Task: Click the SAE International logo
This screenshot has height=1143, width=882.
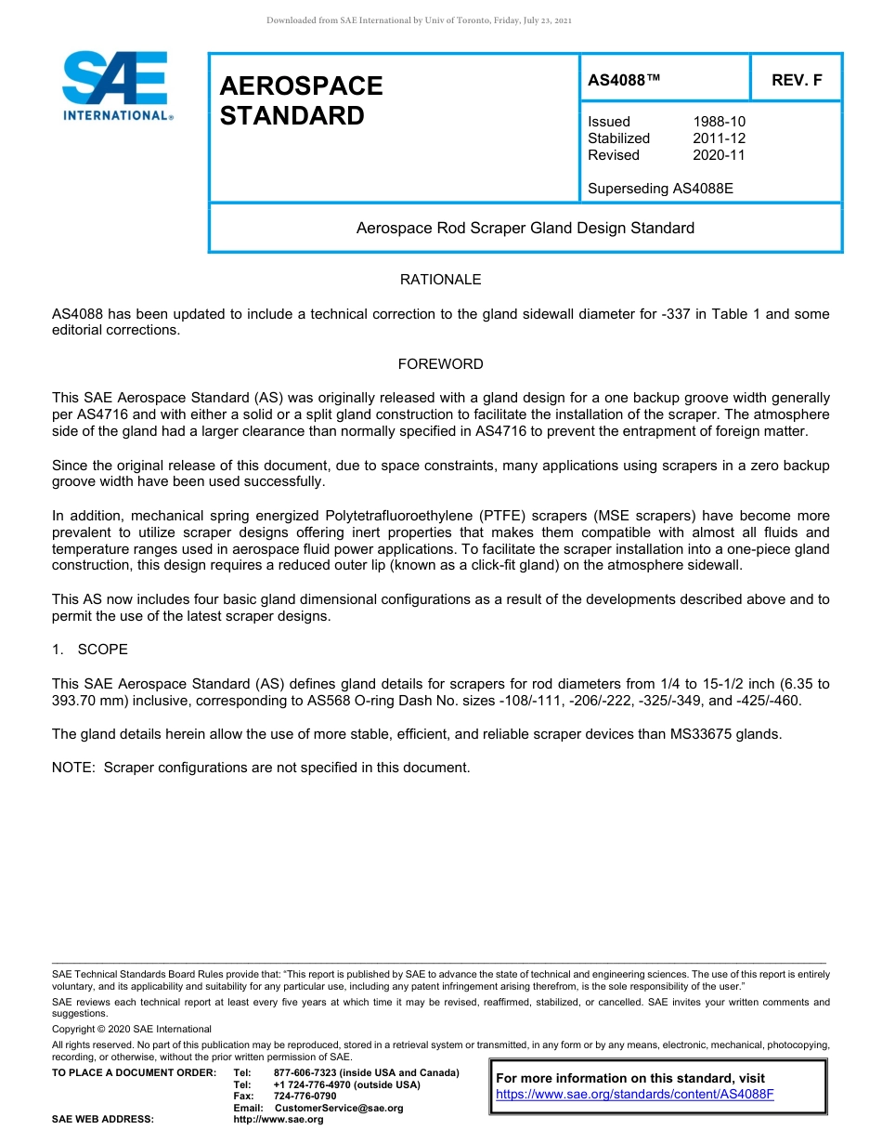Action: click(x=115, y=85)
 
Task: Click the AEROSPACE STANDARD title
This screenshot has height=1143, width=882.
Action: click(x=301, y=100)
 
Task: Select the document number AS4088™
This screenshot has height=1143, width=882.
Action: click(x=624, y=80)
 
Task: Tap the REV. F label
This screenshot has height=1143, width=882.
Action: click(x=797, y=80)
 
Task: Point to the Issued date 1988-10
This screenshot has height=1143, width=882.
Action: click(x=719, y=122)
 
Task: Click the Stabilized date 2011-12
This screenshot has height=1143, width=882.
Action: click(x=719, y=138)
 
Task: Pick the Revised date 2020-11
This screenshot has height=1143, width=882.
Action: click(x=719, y=155)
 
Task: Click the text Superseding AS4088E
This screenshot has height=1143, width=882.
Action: click(x=660, y=189)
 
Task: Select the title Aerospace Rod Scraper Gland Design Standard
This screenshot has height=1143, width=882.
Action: click(x=525, y=228)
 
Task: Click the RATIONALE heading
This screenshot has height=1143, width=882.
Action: click(x=440, y=280)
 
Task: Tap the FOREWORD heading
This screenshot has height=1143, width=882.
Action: click(x=440, y=364)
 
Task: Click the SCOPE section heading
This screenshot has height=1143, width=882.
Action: click(x=102, y=650)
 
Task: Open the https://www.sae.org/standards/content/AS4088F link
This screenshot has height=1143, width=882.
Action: click(x=634, y=1095)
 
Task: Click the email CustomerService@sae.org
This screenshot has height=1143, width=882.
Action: click(x=339, y=1109)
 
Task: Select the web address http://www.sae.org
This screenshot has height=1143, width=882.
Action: click(x=279, y=1120)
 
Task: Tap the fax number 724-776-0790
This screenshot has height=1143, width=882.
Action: click(x=305, y=1097)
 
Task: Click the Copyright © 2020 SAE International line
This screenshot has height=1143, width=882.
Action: click(x=132, y=1030)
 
